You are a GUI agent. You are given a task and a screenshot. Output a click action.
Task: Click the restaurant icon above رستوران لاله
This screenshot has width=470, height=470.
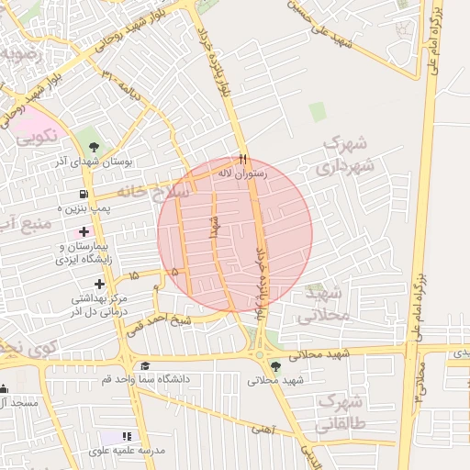[243, 159]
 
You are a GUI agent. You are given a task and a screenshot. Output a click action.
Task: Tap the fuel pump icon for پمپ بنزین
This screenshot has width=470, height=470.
[84, 195]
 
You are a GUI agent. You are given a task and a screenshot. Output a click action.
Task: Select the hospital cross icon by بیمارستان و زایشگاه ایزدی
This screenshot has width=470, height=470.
[84, 231]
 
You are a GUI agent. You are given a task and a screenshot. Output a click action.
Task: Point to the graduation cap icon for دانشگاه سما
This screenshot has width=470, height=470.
[144, 366]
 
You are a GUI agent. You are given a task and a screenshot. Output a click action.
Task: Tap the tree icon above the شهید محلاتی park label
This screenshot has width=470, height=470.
[276, 365]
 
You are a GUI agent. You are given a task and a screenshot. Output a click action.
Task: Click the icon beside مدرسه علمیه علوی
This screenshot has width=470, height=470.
[126, 436]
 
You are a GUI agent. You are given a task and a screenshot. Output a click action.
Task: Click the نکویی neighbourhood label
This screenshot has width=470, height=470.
[37, 137]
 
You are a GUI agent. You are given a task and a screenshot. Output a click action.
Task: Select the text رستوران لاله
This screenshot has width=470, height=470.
[242, 173]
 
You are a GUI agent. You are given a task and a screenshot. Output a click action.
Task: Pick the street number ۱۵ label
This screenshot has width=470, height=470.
[134, 275]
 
